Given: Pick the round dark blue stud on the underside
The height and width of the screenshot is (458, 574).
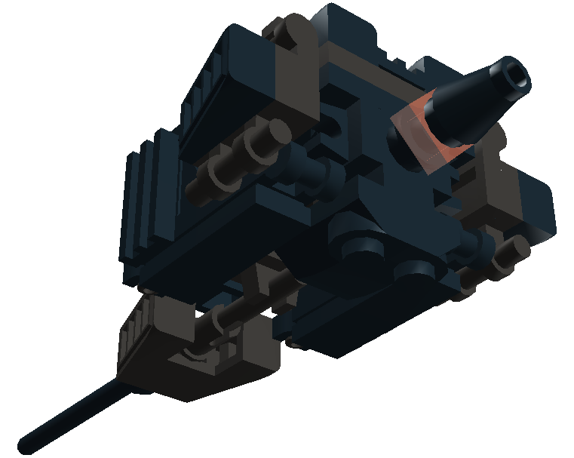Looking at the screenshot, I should point(359,249).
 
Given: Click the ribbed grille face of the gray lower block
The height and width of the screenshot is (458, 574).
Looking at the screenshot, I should point(136,329).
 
